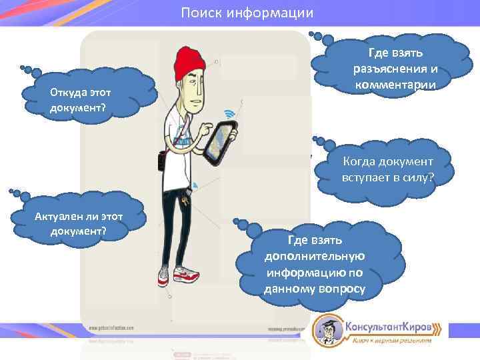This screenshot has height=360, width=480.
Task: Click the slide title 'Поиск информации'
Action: [247, 13]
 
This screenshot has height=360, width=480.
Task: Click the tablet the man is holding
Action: [220, 142]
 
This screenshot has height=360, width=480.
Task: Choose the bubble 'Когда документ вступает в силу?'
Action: [387, 169]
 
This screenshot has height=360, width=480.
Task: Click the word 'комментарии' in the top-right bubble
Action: [396, 85]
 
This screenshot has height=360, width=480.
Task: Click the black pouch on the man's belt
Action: [161, 160]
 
